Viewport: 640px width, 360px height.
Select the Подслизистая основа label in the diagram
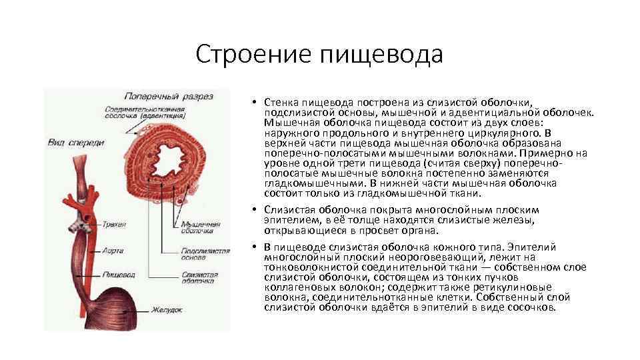click(x=205, y=255)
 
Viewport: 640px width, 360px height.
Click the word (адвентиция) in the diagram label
click(x=167, y=115)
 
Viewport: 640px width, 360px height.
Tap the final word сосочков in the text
click(x=531, y=307)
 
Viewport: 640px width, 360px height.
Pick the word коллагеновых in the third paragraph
click(x=295, y=287)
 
